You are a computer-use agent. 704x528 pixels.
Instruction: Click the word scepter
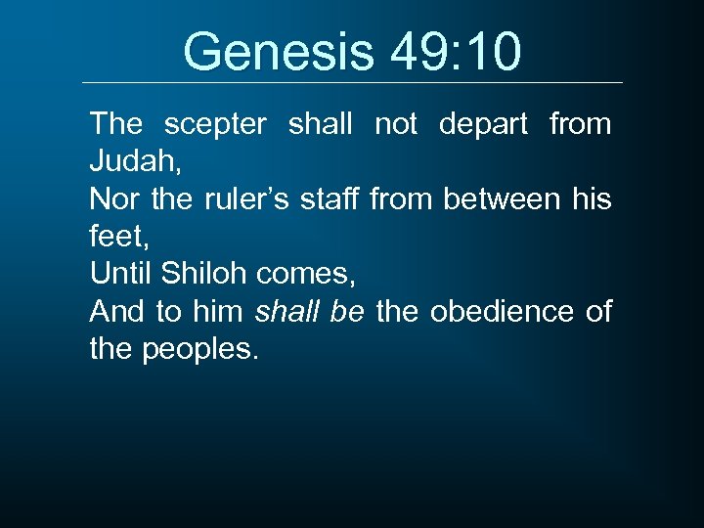[215, 124]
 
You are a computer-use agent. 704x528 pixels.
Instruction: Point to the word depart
[484, 124]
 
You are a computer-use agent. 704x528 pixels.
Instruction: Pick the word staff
[334, 199]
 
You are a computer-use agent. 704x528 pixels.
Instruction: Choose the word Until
[120, 275]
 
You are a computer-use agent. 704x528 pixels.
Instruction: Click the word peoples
[200, 349]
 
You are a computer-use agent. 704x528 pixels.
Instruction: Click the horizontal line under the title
[352, 82]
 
